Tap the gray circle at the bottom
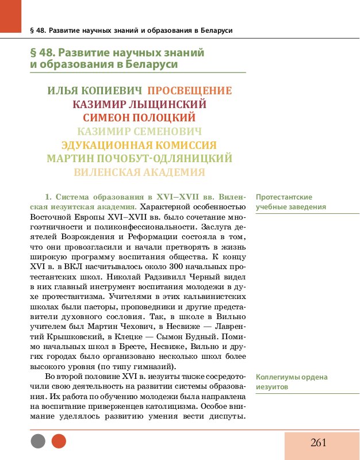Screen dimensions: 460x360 point(38,441)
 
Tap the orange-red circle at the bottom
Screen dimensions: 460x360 point(59,441)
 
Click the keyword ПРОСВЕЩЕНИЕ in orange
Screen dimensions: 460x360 point(190,91)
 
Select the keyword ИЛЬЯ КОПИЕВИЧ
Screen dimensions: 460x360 point(94,91)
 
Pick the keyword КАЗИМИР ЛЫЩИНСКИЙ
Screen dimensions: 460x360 point(140,105)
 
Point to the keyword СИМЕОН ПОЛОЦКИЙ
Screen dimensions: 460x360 point(140,118)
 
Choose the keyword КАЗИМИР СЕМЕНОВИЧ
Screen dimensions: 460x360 point(140,131)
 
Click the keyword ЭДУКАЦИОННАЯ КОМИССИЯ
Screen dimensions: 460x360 point(139,145)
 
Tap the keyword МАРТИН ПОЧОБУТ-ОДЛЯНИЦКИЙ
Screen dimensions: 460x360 point(139,158)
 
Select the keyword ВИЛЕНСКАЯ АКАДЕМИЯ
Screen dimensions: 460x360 point(140,172)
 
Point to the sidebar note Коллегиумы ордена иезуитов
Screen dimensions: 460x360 point(292,382)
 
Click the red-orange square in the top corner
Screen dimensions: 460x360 point(10,16)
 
